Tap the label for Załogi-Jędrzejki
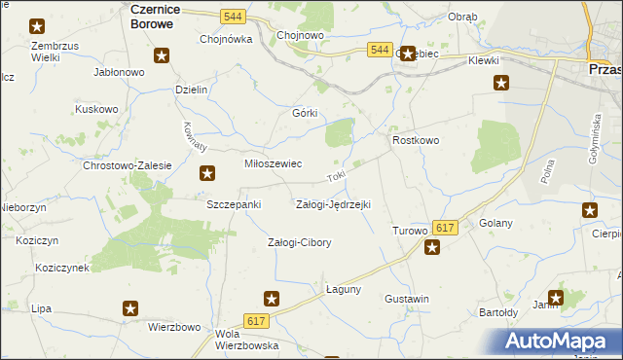coord(333,204)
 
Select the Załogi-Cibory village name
coord(300,242)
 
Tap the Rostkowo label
coord(416,140)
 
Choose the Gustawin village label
coord(407,298)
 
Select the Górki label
coord(306,112)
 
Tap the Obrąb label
coord(462,17)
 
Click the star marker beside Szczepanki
coord(207,174)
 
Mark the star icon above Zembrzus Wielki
coord(37,27)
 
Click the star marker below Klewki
coord(501,83)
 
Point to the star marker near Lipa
coord(130,308)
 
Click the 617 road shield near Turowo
coord(445,227)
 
